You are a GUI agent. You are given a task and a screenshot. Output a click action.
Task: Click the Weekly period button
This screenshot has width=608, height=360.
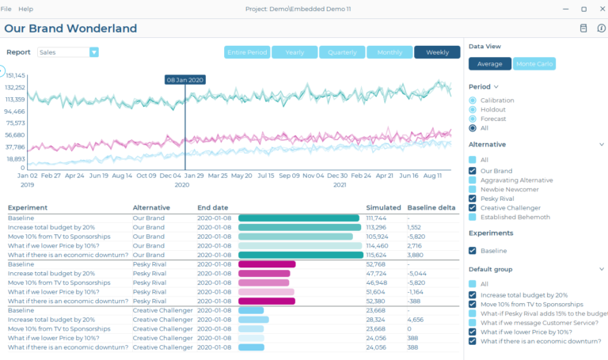tap(437, 52)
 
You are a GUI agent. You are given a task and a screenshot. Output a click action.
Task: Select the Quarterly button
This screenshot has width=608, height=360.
tap(342, 52)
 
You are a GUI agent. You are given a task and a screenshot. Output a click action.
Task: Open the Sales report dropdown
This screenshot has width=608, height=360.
tap(93, 52)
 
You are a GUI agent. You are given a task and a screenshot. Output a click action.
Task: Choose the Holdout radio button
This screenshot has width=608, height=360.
tap(473, 109)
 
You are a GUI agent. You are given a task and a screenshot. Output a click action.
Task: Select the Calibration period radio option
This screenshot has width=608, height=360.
tap(473, 100)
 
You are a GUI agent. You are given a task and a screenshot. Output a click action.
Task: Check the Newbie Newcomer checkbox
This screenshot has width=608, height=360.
tap(473, 189)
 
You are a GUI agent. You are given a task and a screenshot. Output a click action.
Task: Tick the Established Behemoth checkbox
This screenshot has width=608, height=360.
tap(473, 217)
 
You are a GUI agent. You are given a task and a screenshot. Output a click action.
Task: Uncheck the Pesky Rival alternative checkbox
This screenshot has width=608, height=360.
tap(473, 199)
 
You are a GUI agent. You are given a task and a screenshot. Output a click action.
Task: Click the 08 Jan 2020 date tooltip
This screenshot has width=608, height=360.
tap(185, 80)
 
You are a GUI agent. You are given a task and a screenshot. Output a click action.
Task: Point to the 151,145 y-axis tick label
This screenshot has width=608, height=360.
tap(16, 75)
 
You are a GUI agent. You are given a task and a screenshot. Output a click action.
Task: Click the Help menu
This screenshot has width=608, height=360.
tap(26, 9)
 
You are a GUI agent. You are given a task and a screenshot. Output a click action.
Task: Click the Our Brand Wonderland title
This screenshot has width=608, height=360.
tap(70, 28)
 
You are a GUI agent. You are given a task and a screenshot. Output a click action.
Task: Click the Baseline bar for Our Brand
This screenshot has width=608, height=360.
tap(298, 218)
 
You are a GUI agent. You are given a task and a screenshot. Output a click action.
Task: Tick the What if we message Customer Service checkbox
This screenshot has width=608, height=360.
tap(473, 322)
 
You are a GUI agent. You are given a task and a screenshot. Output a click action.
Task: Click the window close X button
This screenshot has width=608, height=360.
tap(601, 9)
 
